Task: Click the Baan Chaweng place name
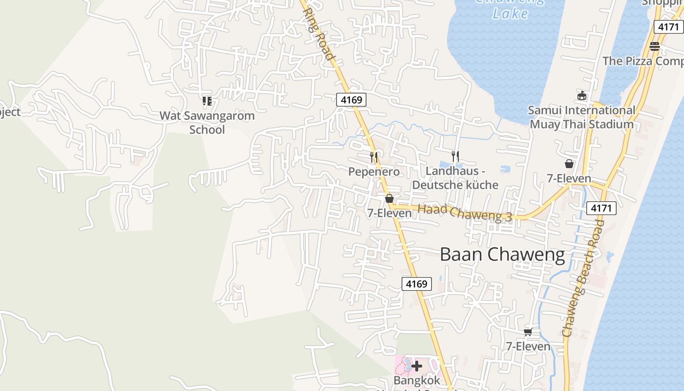point(502,255)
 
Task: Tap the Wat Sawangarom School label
point(207,123)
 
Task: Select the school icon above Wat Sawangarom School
point(207,101)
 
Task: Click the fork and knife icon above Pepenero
point(374,157)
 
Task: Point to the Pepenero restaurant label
point(374,172)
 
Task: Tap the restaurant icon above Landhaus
point(455,156)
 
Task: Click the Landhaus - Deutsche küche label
point(455,178)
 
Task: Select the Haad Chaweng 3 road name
point(465,213)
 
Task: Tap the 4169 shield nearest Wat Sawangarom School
point(351,100)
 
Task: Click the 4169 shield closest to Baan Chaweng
point(417,283)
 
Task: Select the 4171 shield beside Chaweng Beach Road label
point(601,208)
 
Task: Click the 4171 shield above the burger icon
point(668,27)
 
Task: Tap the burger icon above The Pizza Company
point(655,46)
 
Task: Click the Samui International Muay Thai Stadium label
point(581,117)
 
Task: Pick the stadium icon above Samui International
point(581,95)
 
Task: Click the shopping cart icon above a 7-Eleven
point(528,332)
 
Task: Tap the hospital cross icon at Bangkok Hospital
point(417,366)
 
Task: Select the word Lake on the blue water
point(510,13)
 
